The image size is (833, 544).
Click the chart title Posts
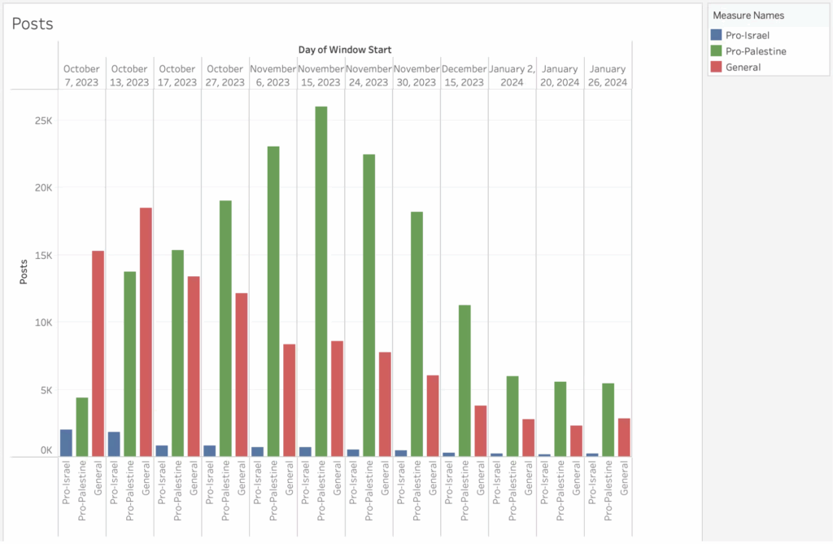(x=33, y=24)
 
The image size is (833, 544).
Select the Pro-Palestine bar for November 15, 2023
(x=321, y=281)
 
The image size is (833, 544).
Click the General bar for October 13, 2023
(x=146, y=331)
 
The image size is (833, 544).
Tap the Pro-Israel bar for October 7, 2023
(x=66, y=442)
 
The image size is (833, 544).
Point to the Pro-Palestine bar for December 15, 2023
(x=464, y=380)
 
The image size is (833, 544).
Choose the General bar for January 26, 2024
(x=624, y=437)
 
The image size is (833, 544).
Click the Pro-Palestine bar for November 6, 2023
(x=273, y=301)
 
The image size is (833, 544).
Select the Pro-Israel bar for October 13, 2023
(x=114, y=444)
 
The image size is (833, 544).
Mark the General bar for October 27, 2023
(x=242, y=375)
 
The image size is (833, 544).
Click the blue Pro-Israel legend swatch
(x=716, y=35)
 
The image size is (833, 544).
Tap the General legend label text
(x=744, y=67)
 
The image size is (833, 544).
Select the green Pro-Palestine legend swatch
(x=716, y=51)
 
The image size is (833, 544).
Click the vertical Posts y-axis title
(x=24, y=268)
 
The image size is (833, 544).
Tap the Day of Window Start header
(x=345, y=50)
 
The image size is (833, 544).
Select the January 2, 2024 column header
(x=512, y=75)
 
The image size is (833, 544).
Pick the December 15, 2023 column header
(x=464, y=75)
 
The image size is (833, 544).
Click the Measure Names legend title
(x=748, y=15)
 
